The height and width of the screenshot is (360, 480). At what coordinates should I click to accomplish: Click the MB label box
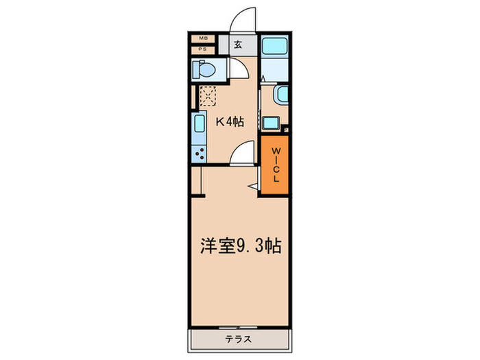tap(204, 39)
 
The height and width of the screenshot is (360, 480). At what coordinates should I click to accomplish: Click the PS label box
tap(204, 49)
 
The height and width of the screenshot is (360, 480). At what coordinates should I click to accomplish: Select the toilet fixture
tap(203, 69)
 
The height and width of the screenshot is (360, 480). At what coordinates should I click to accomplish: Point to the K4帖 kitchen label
tap(230, 123)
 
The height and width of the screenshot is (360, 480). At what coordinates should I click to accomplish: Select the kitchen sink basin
tap(200, 126)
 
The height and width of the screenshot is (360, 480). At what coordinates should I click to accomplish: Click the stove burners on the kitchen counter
tap(200, 153)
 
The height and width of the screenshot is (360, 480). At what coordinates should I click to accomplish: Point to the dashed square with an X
tap(208, 95)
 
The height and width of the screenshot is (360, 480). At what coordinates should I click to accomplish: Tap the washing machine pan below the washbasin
tap(271, 123)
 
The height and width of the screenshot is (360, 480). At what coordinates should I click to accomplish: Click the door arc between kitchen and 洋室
tap(241, 154)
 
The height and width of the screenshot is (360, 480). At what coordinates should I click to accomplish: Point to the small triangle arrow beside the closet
tap(253, 186)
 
